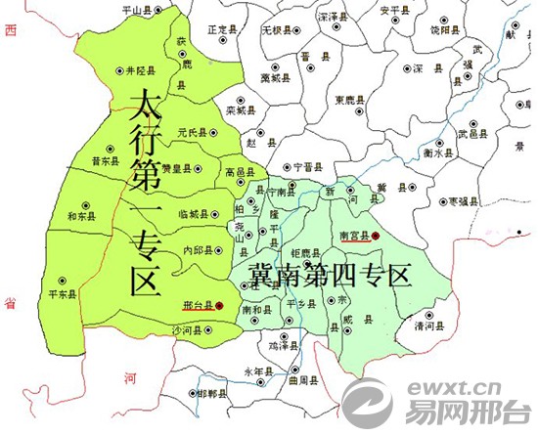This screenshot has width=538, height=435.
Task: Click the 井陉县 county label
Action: [x=143, y=70]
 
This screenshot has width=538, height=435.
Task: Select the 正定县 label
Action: [x=224, y=30]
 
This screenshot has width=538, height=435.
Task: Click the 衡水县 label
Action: [x=437, y=153]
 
